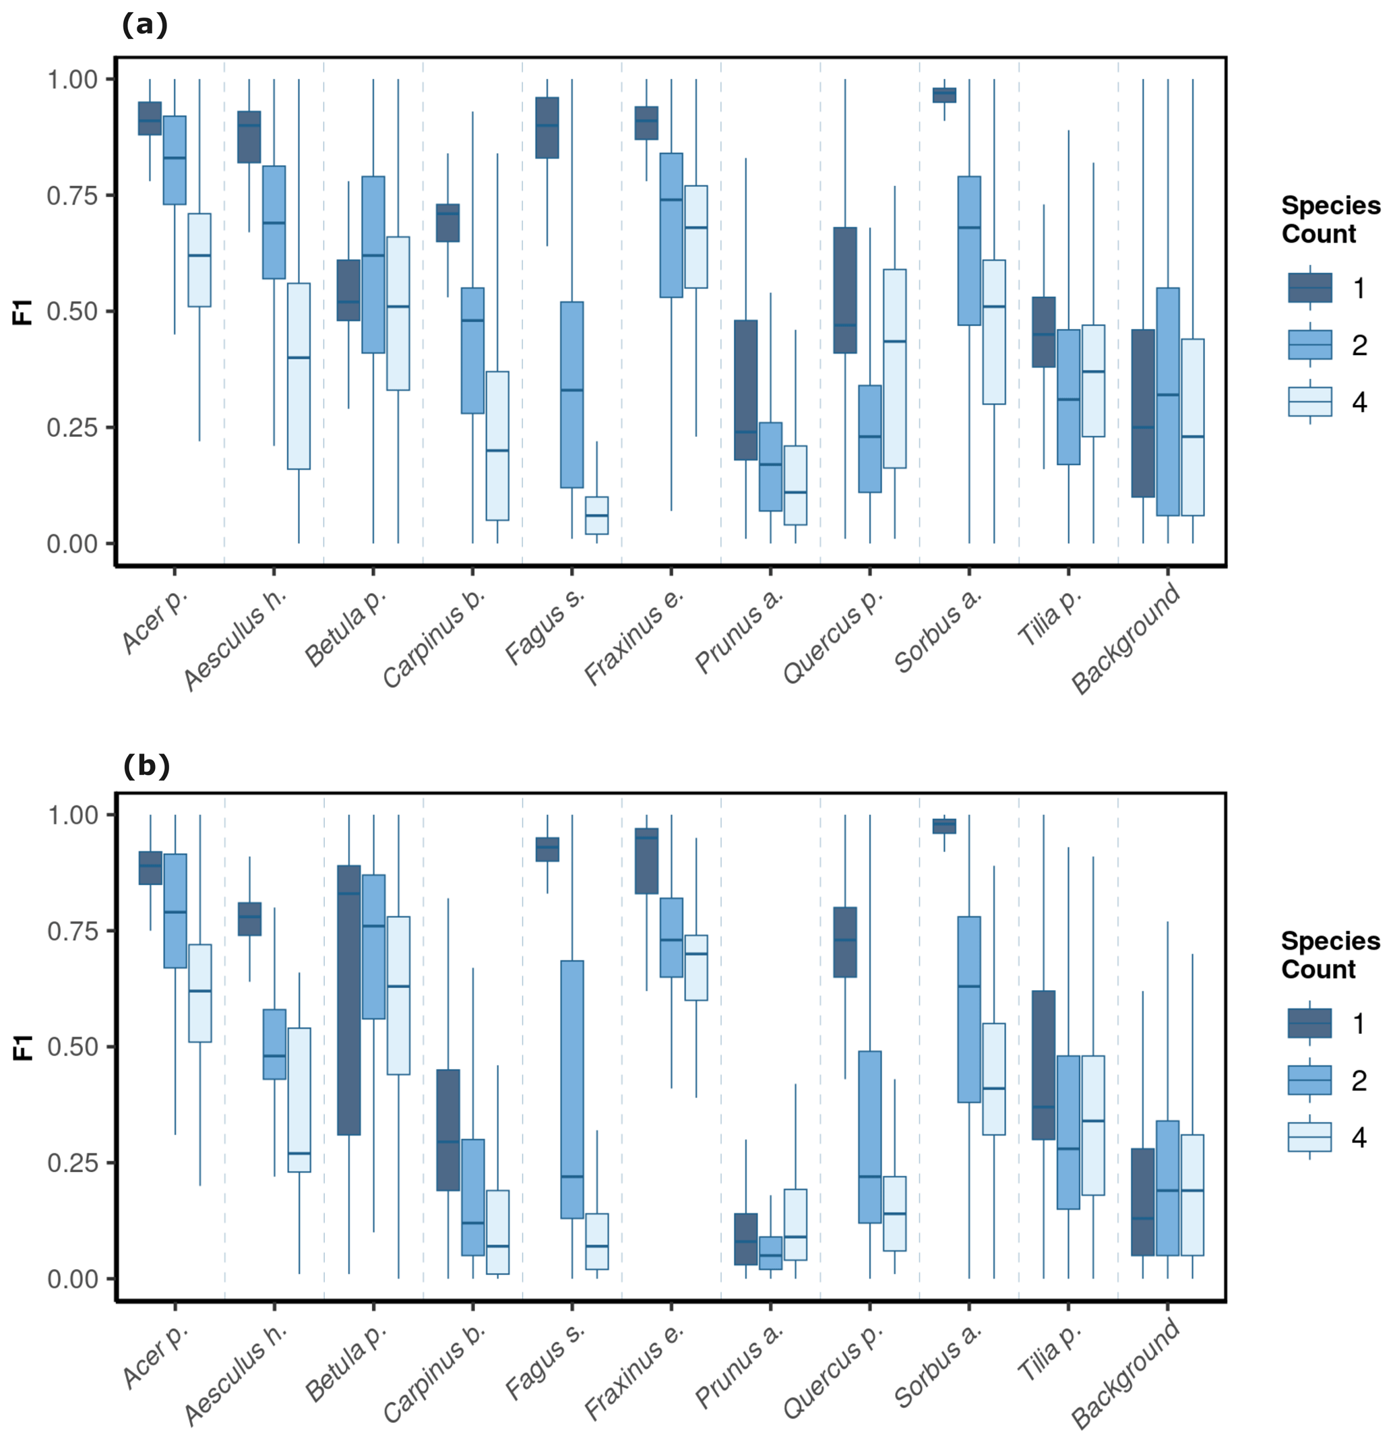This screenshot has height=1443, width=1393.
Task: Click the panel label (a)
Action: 144,25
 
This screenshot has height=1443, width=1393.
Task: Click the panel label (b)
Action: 146,766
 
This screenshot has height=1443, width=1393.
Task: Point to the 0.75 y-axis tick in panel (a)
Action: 72,195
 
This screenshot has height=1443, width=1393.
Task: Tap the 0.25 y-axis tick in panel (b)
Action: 72,1163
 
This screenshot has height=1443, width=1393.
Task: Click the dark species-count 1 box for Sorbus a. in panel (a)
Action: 944,95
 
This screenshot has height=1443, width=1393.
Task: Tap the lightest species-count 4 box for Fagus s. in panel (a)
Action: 596,516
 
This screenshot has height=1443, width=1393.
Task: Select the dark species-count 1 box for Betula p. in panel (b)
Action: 349,1000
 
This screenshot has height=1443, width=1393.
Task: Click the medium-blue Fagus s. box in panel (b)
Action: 572,1090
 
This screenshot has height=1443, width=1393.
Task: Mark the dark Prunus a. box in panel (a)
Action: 746,390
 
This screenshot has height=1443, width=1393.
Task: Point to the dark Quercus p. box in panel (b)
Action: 844,942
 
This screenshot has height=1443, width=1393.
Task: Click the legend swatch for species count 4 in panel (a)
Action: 1310,402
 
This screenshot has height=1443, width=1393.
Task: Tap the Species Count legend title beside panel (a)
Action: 1330,220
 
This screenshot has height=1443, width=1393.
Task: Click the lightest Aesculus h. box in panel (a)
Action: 298,375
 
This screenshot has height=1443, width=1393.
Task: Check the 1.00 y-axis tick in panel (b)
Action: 72,815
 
